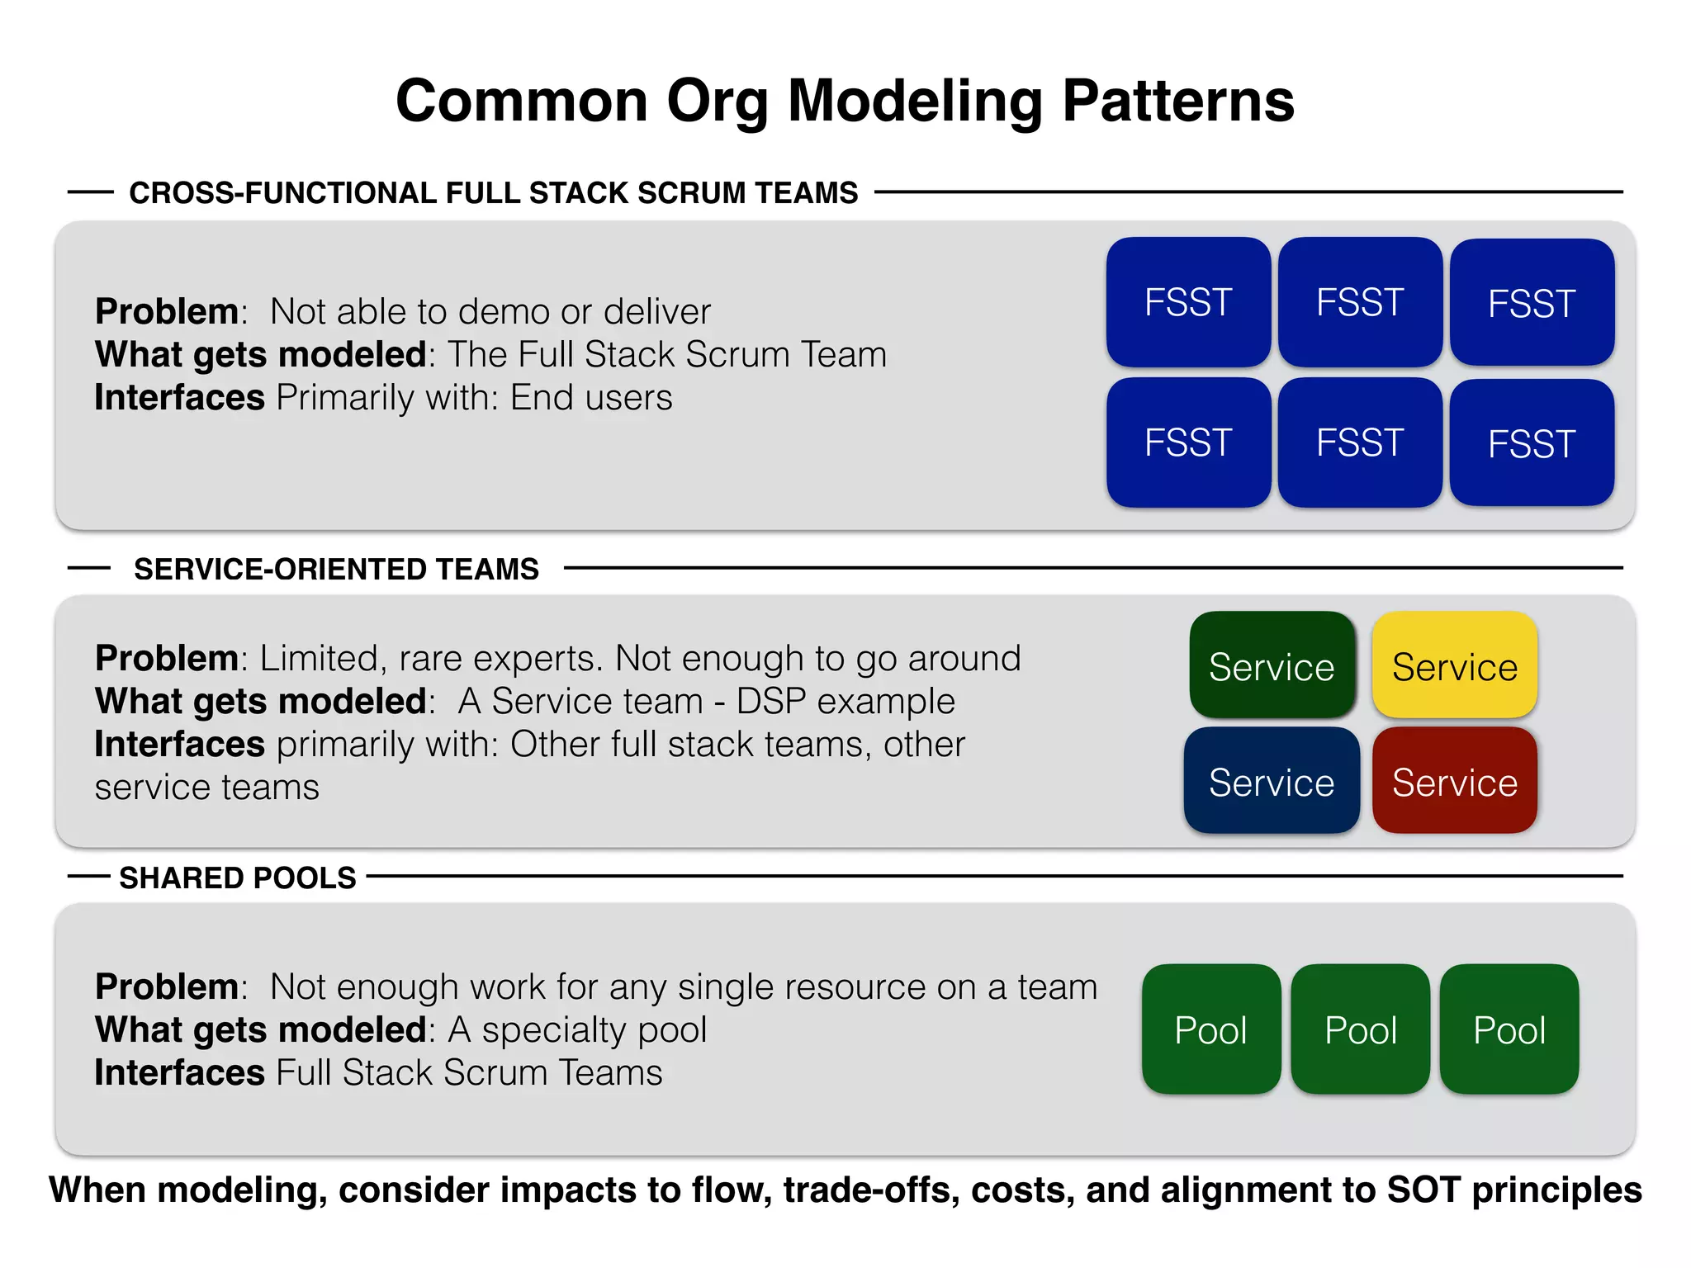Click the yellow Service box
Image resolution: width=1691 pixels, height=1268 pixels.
point(1454,665)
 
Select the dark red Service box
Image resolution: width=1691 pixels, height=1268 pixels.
point(1454,781)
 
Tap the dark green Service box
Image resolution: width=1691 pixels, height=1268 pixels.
point(1272,665)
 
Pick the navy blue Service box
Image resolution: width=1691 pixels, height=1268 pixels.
point(1272,781)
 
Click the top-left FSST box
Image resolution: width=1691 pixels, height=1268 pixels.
point(1188,302)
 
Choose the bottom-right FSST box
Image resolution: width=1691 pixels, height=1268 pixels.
point(1532,443)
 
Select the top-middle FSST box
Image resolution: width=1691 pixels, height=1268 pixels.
point(1360,302)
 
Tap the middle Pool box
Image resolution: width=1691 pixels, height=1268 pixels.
point(1360,1029)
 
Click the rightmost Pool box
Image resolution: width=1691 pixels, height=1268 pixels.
point(1509,1029)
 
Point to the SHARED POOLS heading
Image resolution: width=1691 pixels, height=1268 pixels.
point(238,878)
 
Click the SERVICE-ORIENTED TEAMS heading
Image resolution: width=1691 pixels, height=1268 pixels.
point(336,570)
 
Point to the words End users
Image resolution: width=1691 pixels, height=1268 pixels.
point(591,398)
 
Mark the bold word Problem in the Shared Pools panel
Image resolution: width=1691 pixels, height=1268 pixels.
point(167,986)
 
